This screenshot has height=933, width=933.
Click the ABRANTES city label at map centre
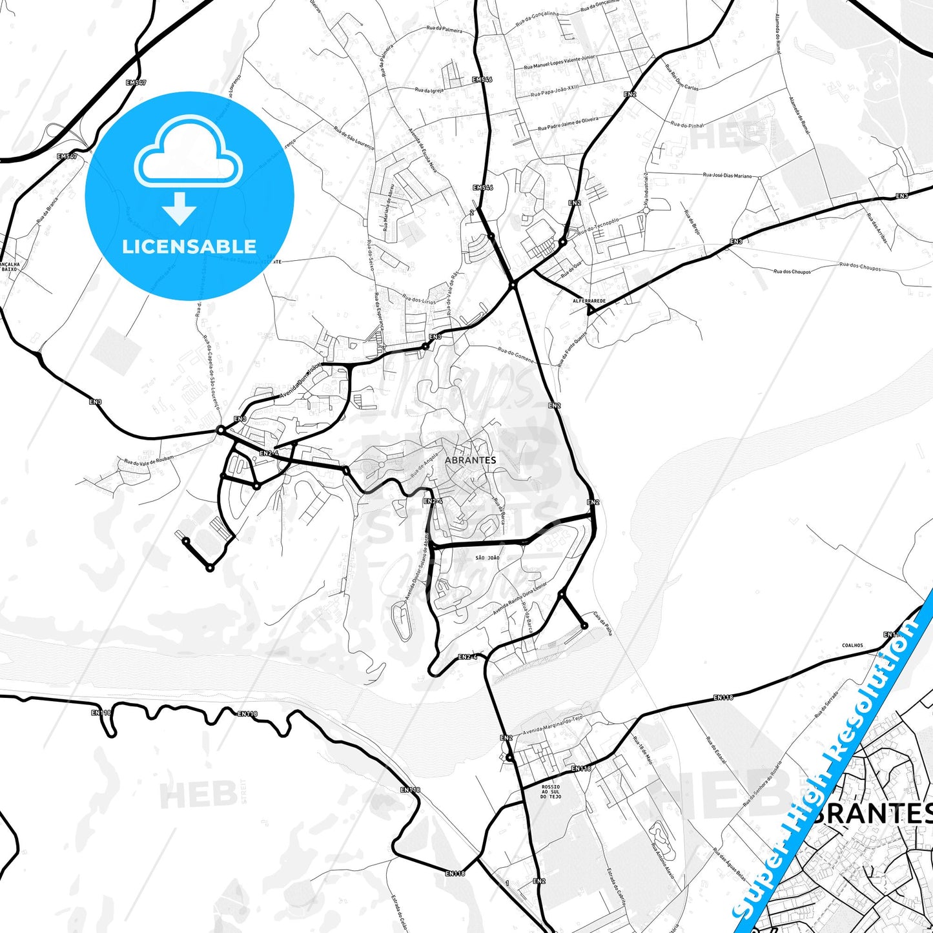(x=470, y=460)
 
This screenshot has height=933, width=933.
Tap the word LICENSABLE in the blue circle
(x=189, y=246)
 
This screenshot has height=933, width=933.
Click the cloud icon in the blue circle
(x=188, y=153)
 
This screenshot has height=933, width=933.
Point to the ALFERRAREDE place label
(x=590, y=301)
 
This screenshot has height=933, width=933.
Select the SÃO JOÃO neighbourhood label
(x=487, y=558)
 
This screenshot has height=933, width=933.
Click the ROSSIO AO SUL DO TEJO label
(x=551, y=792)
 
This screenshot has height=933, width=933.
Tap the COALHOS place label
(x=852, y=645)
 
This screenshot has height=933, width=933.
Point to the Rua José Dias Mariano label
(x=727, y=175)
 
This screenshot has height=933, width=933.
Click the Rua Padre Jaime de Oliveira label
(x=568, y=124)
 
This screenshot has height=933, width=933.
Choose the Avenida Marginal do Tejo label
(x=553, y=725)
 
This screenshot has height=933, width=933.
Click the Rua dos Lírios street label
(x=419, y=300)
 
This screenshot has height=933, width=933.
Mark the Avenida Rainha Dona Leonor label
(x=519, y=598)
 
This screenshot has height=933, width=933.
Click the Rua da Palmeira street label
(x=444, y=29)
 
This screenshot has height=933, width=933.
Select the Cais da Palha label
(x=602, y=623)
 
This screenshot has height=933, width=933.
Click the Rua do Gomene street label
(x=516, y=354)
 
